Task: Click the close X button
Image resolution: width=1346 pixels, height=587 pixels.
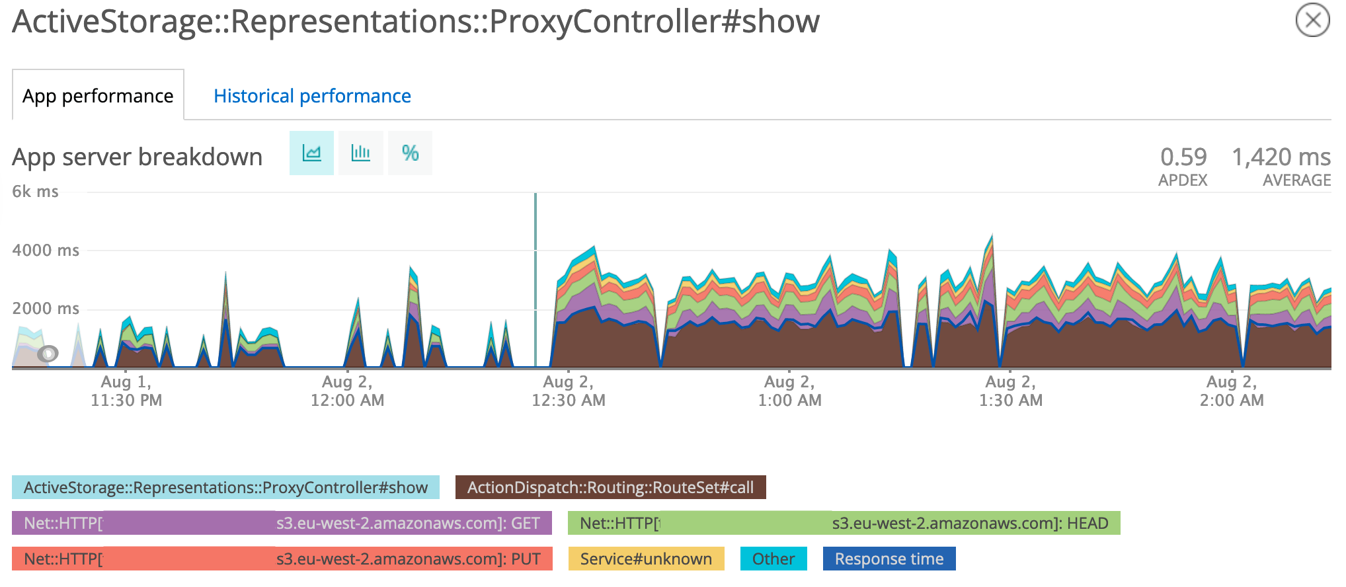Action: (1312, 20)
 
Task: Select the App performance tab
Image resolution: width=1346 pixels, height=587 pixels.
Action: (98, 96)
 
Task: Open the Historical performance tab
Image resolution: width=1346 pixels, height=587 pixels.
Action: (312, 96)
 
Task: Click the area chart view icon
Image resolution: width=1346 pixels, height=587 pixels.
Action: (311, 153)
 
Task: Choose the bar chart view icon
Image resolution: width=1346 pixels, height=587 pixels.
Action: (360, 153)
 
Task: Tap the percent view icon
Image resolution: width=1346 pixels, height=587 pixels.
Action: (410, 153)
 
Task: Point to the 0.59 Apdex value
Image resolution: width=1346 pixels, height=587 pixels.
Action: (1183, 157)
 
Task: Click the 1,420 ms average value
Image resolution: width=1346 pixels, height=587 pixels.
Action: (1281, 157)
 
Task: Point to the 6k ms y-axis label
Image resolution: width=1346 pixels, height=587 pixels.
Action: (36, 192)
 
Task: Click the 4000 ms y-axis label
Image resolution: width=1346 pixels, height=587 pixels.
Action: (46, 251)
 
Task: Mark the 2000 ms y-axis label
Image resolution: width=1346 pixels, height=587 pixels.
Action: (46, 309)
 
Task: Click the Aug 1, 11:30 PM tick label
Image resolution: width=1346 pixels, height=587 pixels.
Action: (126, 391)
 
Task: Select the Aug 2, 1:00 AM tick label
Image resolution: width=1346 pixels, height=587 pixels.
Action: (789, 391)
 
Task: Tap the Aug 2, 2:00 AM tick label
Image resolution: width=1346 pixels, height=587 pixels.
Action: (1232, 391)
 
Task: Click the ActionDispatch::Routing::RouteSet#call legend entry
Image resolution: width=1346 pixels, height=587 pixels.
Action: (610, 487)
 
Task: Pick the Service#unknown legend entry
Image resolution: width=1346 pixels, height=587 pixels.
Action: (646, 559)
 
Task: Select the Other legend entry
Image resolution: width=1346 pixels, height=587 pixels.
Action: (773, 559)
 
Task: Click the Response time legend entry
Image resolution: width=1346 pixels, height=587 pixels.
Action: (889, 559)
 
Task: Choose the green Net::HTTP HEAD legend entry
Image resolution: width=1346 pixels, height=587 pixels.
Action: (844, 523)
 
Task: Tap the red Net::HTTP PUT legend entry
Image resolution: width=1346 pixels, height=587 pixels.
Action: (282, 559)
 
